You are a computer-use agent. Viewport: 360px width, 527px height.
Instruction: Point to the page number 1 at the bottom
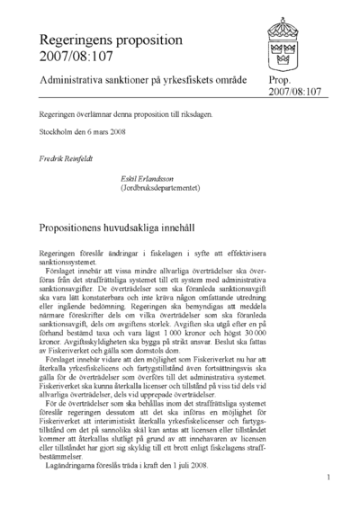point(330,504)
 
